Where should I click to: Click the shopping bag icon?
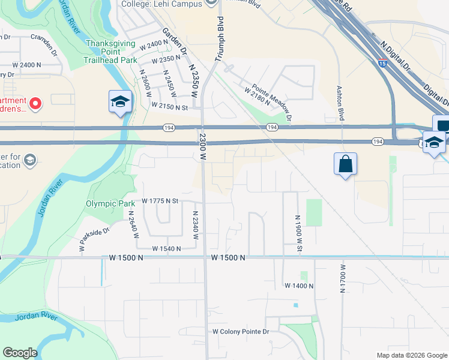pyautogui.click(x=346, y=164)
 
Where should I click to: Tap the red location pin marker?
pyautogui.click(x=35, y=104)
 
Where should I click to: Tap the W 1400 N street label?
pyautogui.click(x=299, y=286)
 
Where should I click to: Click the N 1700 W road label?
pyautogui.click(x=343, y=278)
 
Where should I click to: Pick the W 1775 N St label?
pyautogui.click(x=160, y=201)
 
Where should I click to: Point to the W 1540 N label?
pyautogui.click(x=167, y=248)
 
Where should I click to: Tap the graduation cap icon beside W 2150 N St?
pyautogui.click(x=120, y=101)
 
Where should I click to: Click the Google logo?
pyautogui.click(x=20, y=353)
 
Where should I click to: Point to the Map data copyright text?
pyautogui.click(x=411, y=355)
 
